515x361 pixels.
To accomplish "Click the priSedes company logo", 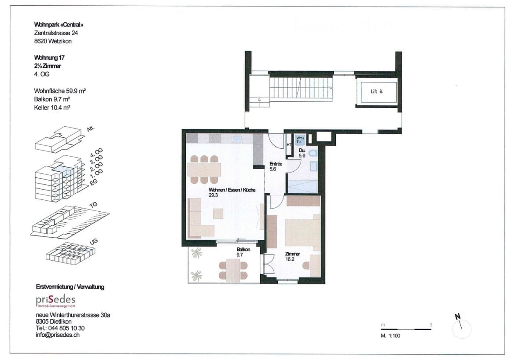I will click(55, 300).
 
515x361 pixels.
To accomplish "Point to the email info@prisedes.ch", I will click(58, 335).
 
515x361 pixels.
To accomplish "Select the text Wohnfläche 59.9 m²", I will click(59, 91).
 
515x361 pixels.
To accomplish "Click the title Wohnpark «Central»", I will click(59, 25).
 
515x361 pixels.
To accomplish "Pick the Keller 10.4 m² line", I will click(52, 107).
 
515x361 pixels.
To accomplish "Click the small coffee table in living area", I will click(218, 213).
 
